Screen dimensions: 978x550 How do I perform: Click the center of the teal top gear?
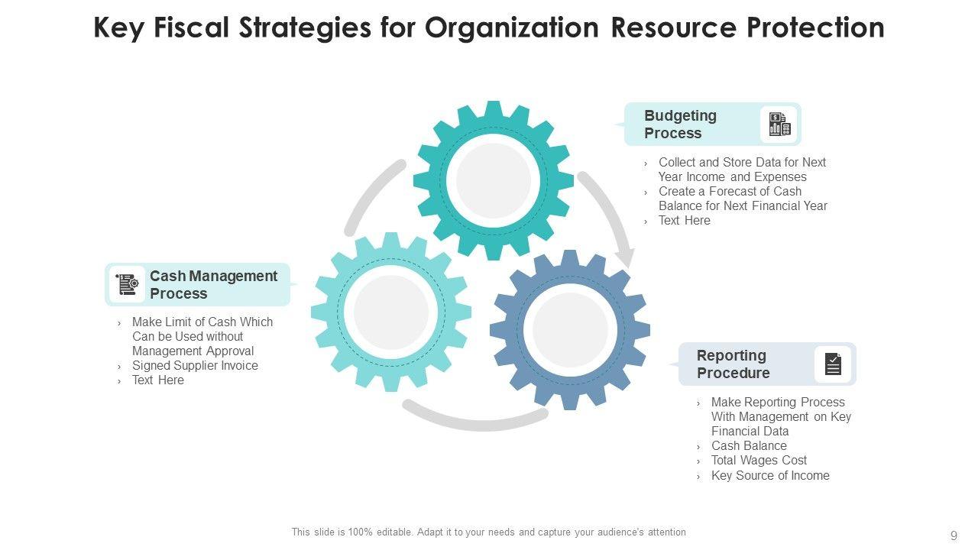point(494,181)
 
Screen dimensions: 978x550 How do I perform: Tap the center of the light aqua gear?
point(391,312)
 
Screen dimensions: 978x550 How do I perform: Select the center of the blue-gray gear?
point(570,329)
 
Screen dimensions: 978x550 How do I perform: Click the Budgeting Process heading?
point(681,125)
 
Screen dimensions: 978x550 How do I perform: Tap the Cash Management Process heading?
point(213,285)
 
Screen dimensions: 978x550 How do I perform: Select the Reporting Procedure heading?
point(733,364)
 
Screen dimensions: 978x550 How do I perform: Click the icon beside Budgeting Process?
point(779,125)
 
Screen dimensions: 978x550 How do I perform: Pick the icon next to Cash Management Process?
point(127,285)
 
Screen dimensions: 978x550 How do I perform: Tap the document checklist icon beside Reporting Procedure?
point(833,364)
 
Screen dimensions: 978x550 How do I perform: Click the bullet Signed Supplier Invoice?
point(195,366)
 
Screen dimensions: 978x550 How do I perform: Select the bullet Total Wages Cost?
point(759,461)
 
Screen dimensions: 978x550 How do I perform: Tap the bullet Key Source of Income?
point(770,476)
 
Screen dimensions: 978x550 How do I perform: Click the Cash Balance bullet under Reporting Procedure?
point(749,446)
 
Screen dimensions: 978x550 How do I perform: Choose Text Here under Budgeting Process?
point(685,221)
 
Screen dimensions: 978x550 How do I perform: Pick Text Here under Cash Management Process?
point(158,380)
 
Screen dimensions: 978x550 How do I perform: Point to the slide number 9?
point(954,535)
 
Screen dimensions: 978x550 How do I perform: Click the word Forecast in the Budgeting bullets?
point(727,192)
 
